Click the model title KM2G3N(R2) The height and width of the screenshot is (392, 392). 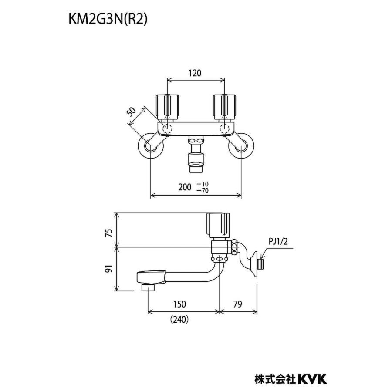pos(108,19)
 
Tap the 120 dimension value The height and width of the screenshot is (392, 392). pos(195,73)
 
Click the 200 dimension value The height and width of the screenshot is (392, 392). pos(185,187)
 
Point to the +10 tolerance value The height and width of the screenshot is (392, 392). pos(203,184)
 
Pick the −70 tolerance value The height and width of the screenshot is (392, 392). pos(203,190)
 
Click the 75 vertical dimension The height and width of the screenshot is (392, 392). pos(108,233)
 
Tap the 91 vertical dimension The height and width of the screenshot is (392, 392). pos(108,269)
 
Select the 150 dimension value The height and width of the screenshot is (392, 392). pos(179,304)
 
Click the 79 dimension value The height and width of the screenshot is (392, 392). pos(238,304)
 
